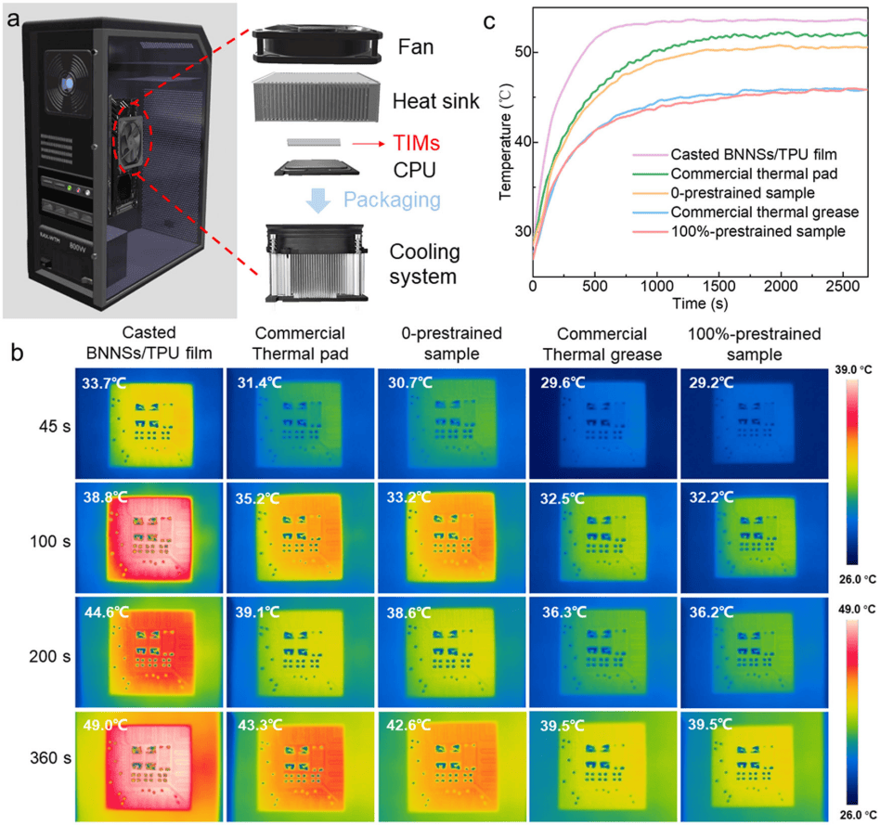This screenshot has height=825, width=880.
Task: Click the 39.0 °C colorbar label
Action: [x=854, y=370]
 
